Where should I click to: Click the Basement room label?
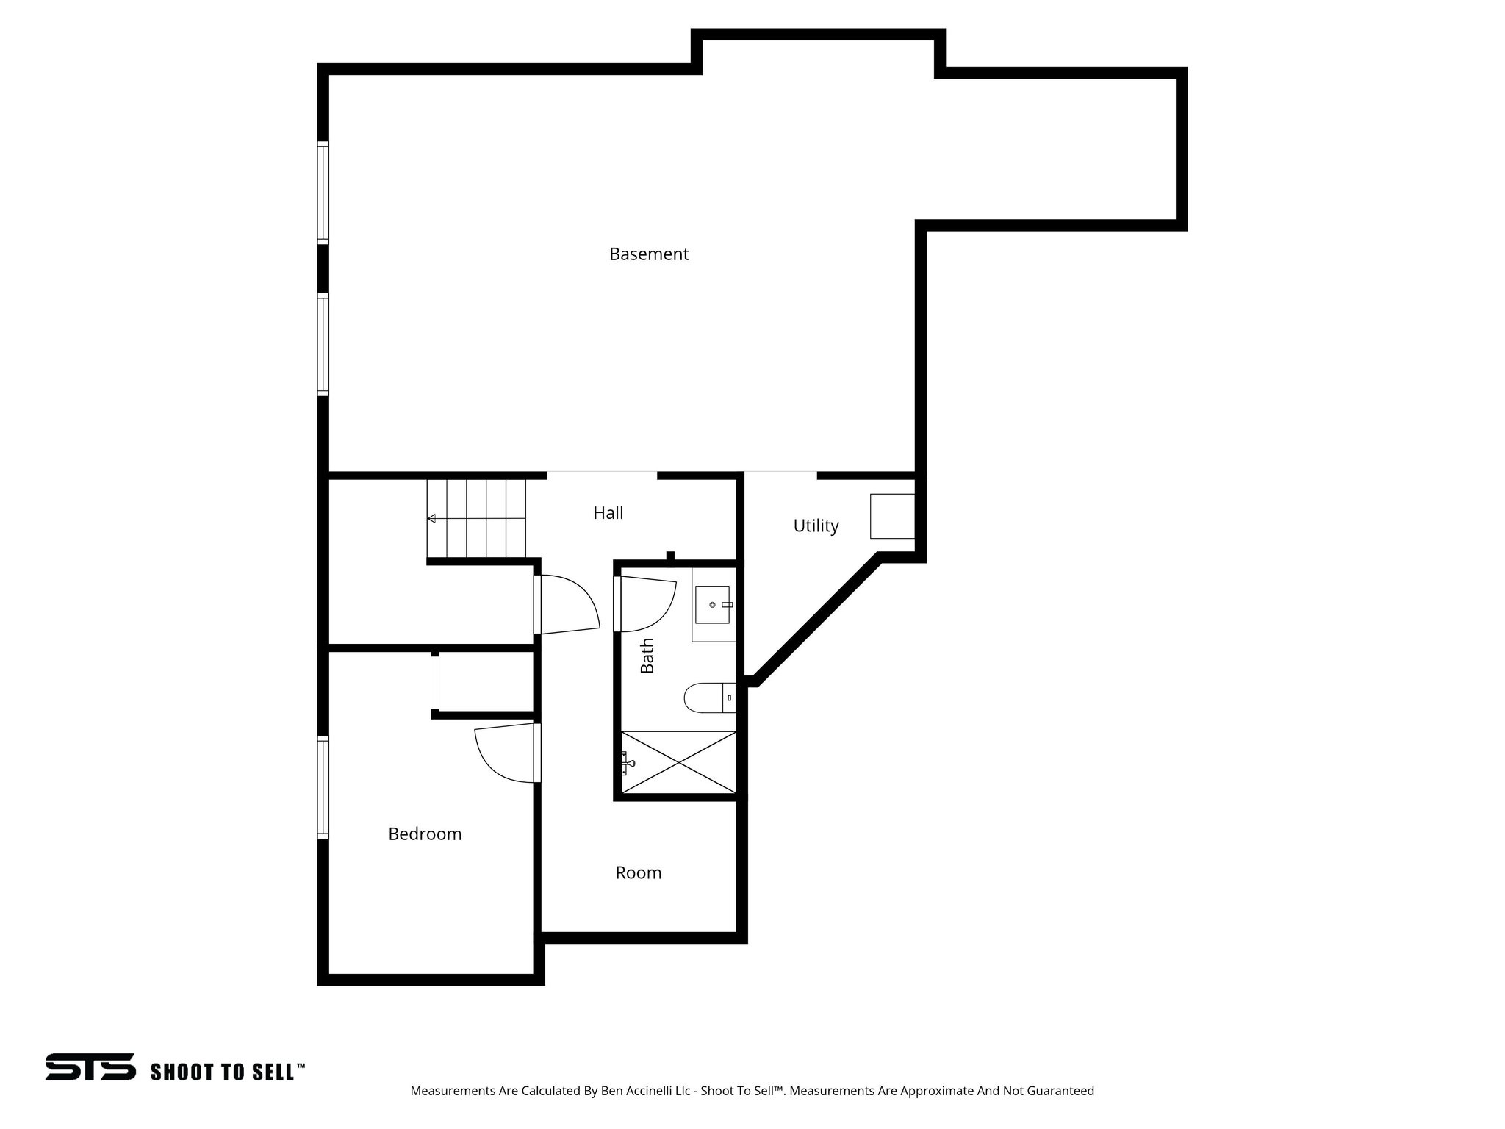pos(649,254)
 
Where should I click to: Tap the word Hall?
pos(608,513)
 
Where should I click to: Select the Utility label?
pos(816,526)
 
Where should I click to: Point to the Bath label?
pos(647,655)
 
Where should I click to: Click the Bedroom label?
pos(425,834)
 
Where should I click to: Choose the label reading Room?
pos(639,872)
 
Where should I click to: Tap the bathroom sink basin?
pos(712,604)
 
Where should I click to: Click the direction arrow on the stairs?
pos(432,519)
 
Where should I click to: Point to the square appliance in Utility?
pos(892,516)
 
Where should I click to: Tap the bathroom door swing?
pos(646,604)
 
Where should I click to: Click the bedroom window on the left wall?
pos(323,786)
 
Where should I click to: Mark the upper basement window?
pos(323,192)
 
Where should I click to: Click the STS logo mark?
pos(90,1067)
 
